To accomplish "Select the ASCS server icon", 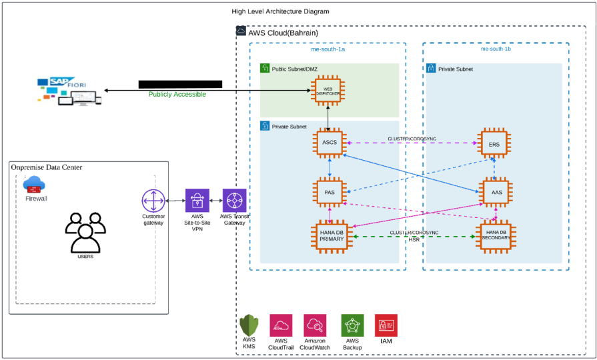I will [330, 143].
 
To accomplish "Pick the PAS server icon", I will [330, 192].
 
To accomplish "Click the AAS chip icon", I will [494, 192].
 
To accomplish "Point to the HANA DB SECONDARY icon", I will [494, 237].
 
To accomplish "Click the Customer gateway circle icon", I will [153, 201].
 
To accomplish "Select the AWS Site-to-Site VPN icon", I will [197, 201].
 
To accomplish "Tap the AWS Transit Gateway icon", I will [235, 201].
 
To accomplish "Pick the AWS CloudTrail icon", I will [281, 325].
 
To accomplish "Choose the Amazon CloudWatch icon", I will [314, 325].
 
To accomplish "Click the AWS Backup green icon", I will [352, 325].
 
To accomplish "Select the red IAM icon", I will [386, 325].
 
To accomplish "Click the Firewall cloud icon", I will [33, 184].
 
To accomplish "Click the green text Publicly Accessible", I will [177, 95].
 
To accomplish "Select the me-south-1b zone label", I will [496, 49].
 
